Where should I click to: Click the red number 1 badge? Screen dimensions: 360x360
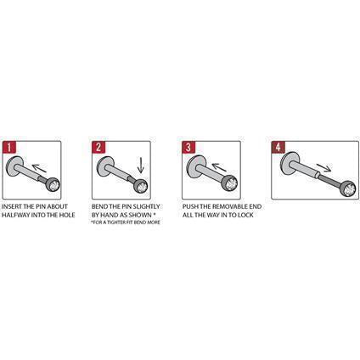(x=11, y=147)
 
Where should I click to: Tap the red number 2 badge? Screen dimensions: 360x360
(x=98, y=147)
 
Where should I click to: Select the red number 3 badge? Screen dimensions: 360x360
(x=188, y=147)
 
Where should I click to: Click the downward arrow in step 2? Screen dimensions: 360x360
(x=139, y=166)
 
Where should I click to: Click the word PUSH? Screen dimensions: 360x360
(x=191, y=206)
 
